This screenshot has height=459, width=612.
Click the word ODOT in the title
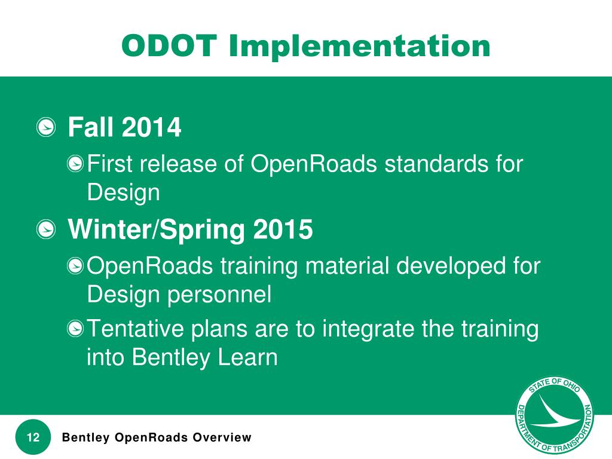(x=169, y=45)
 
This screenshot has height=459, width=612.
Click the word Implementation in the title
(x=359, y=45)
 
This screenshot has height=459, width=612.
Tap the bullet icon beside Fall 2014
(x=46, y=127)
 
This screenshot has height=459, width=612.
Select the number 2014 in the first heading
(x=151, y=127)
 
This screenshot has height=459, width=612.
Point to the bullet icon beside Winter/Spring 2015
(x=46, y=229)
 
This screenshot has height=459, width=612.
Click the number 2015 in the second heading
(x=283, y=229)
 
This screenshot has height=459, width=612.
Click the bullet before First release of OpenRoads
(x=75, y=164)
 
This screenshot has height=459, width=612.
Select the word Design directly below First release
(x=123, y=193)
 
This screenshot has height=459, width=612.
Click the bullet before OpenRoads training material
(x=75, y=266)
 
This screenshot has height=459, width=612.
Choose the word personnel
(x=219, y=295)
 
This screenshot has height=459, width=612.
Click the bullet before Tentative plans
(x=75, y=329)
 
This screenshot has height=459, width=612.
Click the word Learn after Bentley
(x=247, y=357)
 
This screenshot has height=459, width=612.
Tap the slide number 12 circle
(x=33, y=437)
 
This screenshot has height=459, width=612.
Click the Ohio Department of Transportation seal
(x=554, y=416)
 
